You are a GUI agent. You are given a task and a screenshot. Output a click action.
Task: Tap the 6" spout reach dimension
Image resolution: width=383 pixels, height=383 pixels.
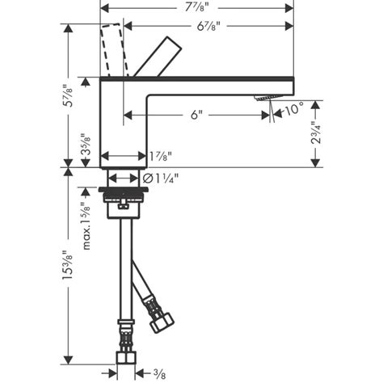(x=196, y=115)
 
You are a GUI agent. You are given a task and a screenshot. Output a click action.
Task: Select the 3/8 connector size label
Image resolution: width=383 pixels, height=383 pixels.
(x=162, y=373)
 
